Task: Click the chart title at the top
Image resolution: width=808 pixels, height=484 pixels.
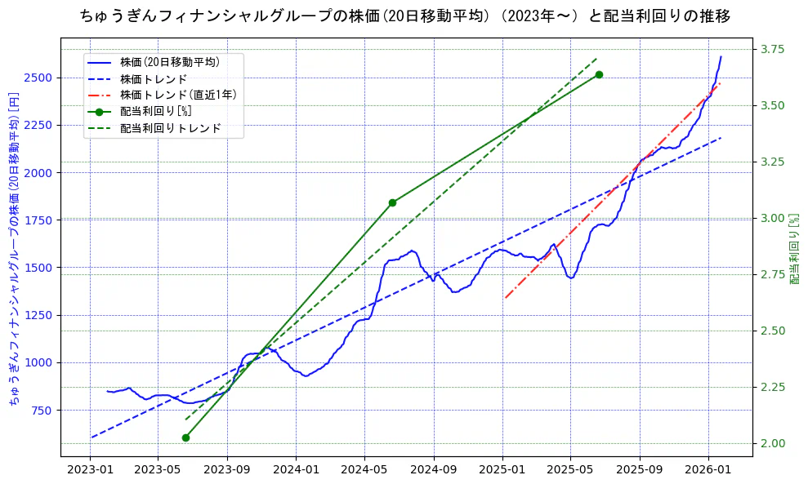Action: [x=406, y=16]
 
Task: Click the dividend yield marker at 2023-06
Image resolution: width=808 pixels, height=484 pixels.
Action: [x=185, y=437]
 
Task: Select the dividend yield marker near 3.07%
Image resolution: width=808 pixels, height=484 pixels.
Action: [x=392, y=202]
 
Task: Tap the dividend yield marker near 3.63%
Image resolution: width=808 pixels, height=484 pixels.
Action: [x=599, y=74]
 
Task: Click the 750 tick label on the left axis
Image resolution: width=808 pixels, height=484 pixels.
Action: [x=42, y=410]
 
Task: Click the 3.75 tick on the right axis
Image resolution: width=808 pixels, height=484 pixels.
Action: [x=773, y=49]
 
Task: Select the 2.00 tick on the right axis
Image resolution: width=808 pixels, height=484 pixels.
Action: [x=773, y=443]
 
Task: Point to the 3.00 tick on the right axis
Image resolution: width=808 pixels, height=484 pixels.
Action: [x=773, y=218]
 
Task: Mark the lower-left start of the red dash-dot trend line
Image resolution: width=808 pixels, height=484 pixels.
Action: [x=505, y=298]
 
